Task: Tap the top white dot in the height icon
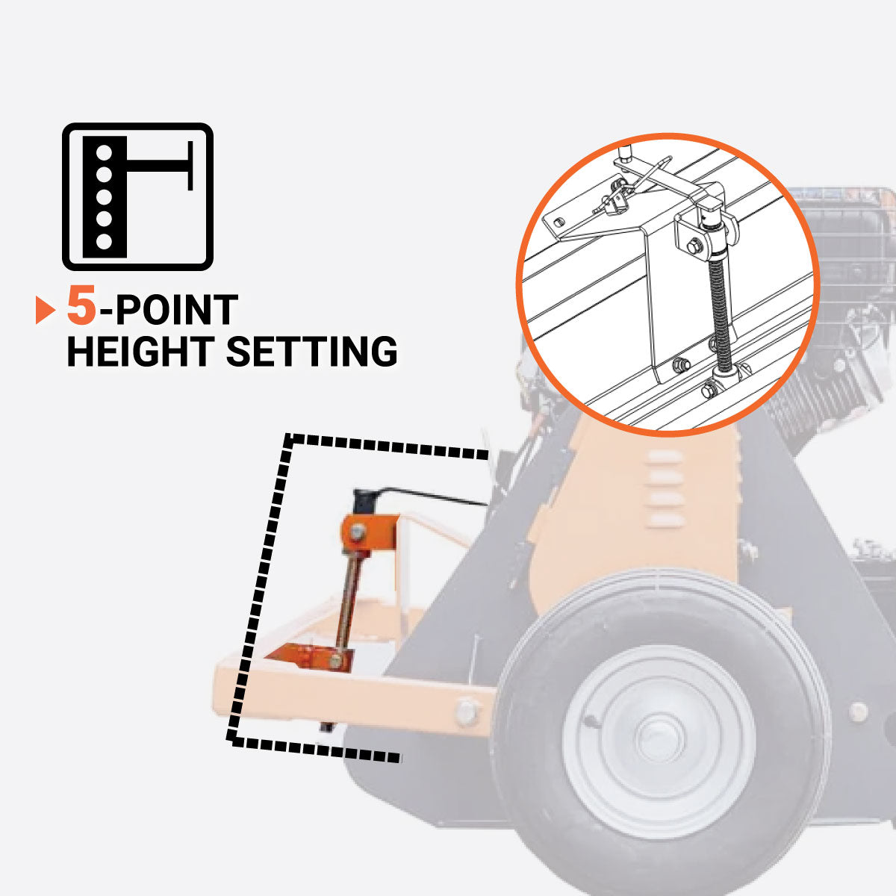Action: [104, 152]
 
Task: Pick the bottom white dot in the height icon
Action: [104, 241]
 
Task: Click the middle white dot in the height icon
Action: [104, 196]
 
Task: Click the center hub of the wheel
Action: [659, 739]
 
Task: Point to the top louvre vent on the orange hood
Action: [665, 457]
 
